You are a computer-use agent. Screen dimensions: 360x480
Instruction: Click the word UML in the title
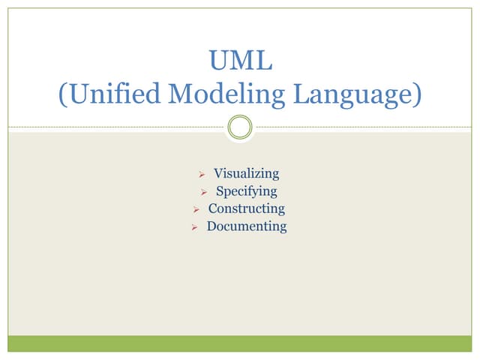(240, 60)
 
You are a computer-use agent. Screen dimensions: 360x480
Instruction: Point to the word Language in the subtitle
(349, 94)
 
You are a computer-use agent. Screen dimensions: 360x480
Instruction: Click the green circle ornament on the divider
(240, 127)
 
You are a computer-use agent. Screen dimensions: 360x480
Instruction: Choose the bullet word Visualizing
(246, 173)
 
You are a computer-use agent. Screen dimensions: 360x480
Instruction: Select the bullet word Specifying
(246, 190)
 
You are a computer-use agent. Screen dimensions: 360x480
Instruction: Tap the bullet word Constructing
(246, 208)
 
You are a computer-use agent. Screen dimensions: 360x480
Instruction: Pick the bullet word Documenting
(246, 226)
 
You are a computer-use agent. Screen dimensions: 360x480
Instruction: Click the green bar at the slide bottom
(240, 343)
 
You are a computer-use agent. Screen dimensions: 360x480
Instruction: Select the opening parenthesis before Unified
(62, 94)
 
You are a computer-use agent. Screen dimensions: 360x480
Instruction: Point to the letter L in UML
(263, 60)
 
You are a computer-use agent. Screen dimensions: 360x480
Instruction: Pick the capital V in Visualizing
(218, 173)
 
